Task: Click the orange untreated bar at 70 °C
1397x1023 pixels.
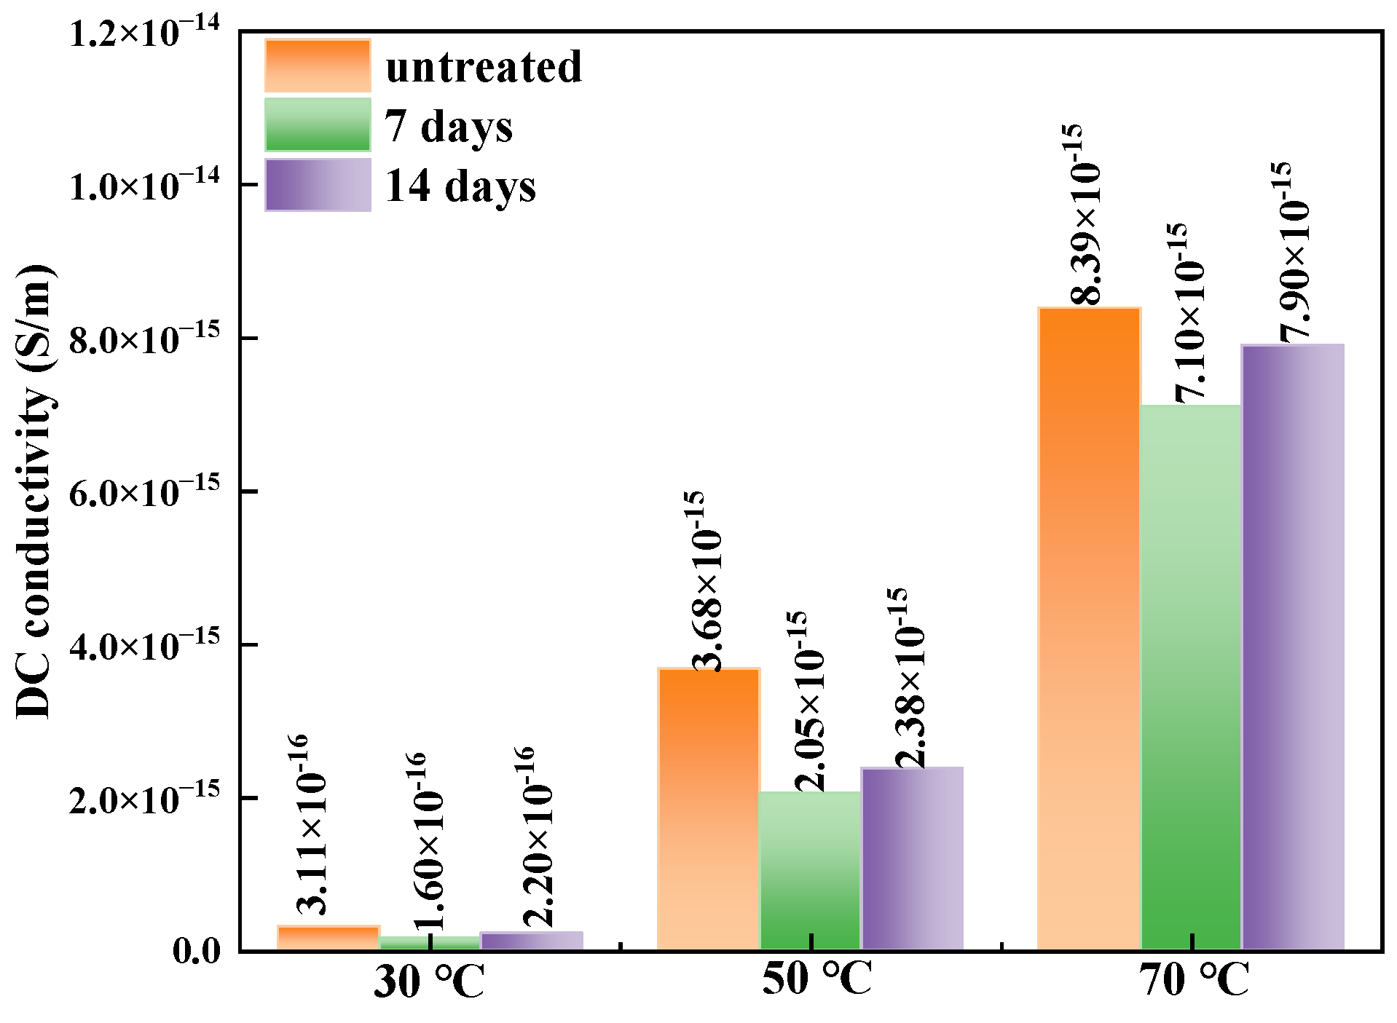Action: coord(1089,630)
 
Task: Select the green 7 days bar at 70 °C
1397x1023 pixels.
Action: coord(1190,677)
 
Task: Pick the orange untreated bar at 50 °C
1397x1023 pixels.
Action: coord(708,808)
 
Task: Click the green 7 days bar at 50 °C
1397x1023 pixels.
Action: coord(810,870)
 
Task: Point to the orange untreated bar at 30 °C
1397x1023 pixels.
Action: coord(328,938)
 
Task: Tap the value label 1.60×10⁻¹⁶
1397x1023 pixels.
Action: coord(428,841)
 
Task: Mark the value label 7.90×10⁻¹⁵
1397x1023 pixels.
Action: coord(1294,251)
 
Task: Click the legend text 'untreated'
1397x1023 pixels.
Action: coord(484,67)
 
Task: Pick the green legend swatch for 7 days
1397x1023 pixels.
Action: coord(318,125)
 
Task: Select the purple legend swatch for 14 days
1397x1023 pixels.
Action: coord(318,185)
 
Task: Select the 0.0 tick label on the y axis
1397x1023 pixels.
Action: coord(196,951)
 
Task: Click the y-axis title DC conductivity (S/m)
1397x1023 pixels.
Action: coord(35,491)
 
